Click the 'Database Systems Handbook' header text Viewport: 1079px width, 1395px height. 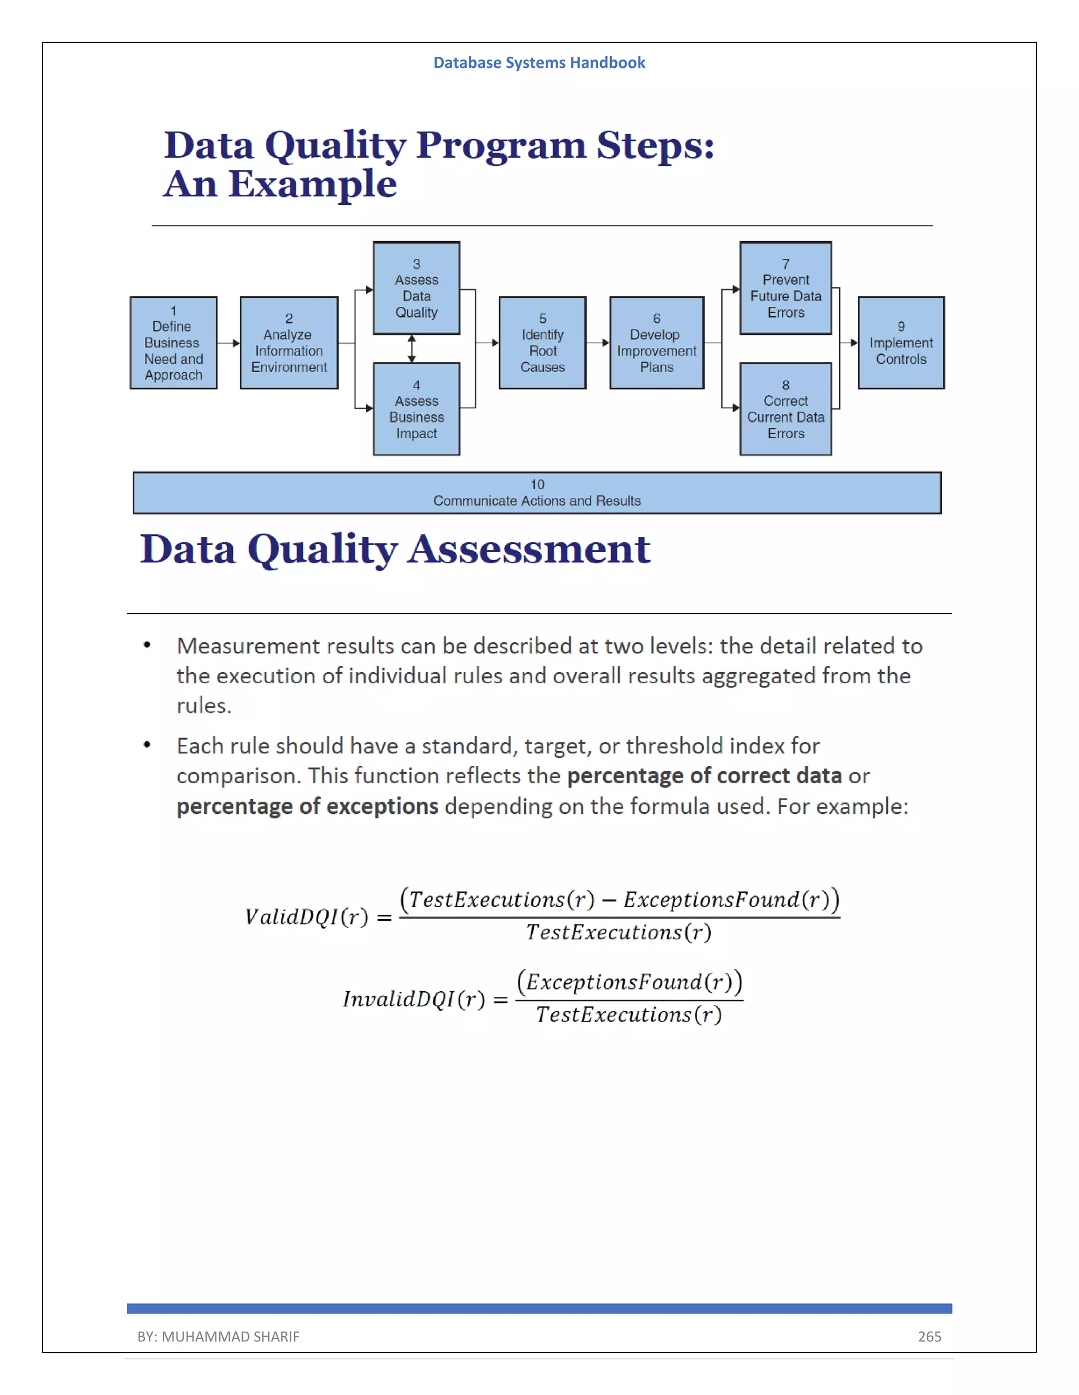click(x=539, y=63)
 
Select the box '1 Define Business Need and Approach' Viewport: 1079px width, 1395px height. click(x=173, y=343)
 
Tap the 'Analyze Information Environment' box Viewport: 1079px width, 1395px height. click(x=289, y=343)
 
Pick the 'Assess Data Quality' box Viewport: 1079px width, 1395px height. click(x=416, y=288)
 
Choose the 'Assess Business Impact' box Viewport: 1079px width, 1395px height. click(x=416, y=409)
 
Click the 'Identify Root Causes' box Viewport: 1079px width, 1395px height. click(x=542, y=343)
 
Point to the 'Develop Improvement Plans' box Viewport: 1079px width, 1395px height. click(x=656, y=343)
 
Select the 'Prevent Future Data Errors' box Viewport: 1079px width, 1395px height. click(x=786, y=288)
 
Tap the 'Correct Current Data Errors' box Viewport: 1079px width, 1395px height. click(x=786, y=409)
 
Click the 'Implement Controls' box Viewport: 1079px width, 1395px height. click(x=900, y=343)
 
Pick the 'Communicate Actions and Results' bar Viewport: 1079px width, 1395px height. click(x=537, y=493)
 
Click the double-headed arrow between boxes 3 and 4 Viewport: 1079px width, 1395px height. click(x=411, y=348)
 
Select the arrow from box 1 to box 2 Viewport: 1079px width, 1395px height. click(x=228, y=343)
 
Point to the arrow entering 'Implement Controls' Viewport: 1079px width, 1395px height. click(x=850, y=343)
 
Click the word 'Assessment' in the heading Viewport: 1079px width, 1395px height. click(x=529, y=549)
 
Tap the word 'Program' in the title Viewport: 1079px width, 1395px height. click(x=501, y=146)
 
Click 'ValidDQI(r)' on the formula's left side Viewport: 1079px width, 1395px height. click(x=307, y=917)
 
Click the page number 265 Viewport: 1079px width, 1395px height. click(x=929, y=1336)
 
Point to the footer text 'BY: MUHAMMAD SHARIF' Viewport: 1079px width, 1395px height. click(x=218, y=1336)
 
